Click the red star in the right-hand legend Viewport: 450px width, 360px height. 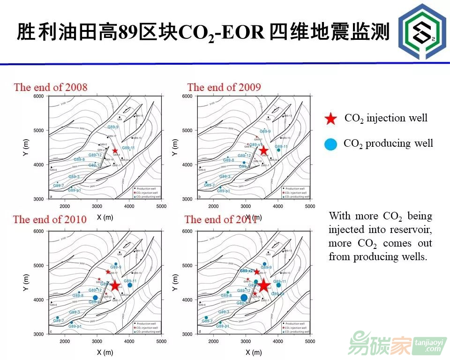pos(331,119)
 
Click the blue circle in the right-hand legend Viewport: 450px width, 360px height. pos(330,144)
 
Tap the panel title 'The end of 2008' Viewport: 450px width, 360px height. pos(51,87)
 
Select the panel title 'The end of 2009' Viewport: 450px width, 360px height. pos(224,87)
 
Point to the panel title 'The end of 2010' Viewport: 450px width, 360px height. pos(50,219)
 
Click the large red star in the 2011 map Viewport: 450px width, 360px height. pos(263,285)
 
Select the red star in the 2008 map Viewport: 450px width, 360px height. pos(115,150)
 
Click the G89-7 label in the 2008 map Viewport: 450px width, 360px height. pos(58,186)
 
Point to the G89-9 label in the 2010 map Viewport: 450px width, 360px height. pos(115,267)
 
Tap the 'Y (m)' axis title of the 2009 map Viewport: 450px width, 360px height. pos(175,147)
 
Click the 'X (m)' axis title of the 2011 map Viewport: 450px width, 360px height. pos(253,352)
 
